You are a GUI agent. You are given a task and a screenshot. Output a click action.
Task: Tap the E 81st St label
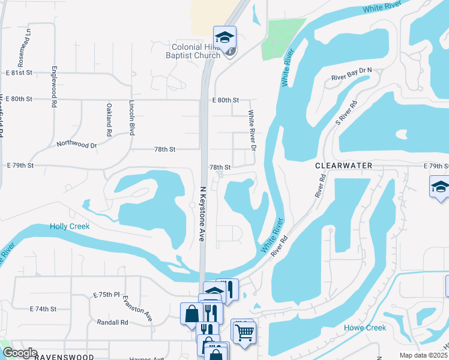(19, 73)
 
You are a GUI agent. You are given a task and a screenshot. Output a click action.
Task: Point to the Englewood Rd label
(54, 86)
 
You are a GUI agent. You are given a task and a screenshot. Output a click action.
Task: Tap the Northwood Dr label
(77, 145)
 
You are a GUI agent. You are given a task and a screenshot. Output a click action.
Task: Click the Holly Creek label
(70, 226)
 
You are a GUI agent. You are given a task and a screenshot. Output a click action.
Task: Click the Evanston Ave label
(137, 308)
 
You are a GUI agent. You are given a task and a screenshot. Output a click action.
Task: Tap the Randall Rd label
(113, 322)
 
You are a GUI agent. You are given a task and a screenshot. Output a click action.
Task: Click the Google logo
(20, 353)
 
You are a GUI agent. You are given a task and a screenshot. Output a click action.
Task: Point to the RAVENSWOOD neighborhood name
(64, 357)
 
